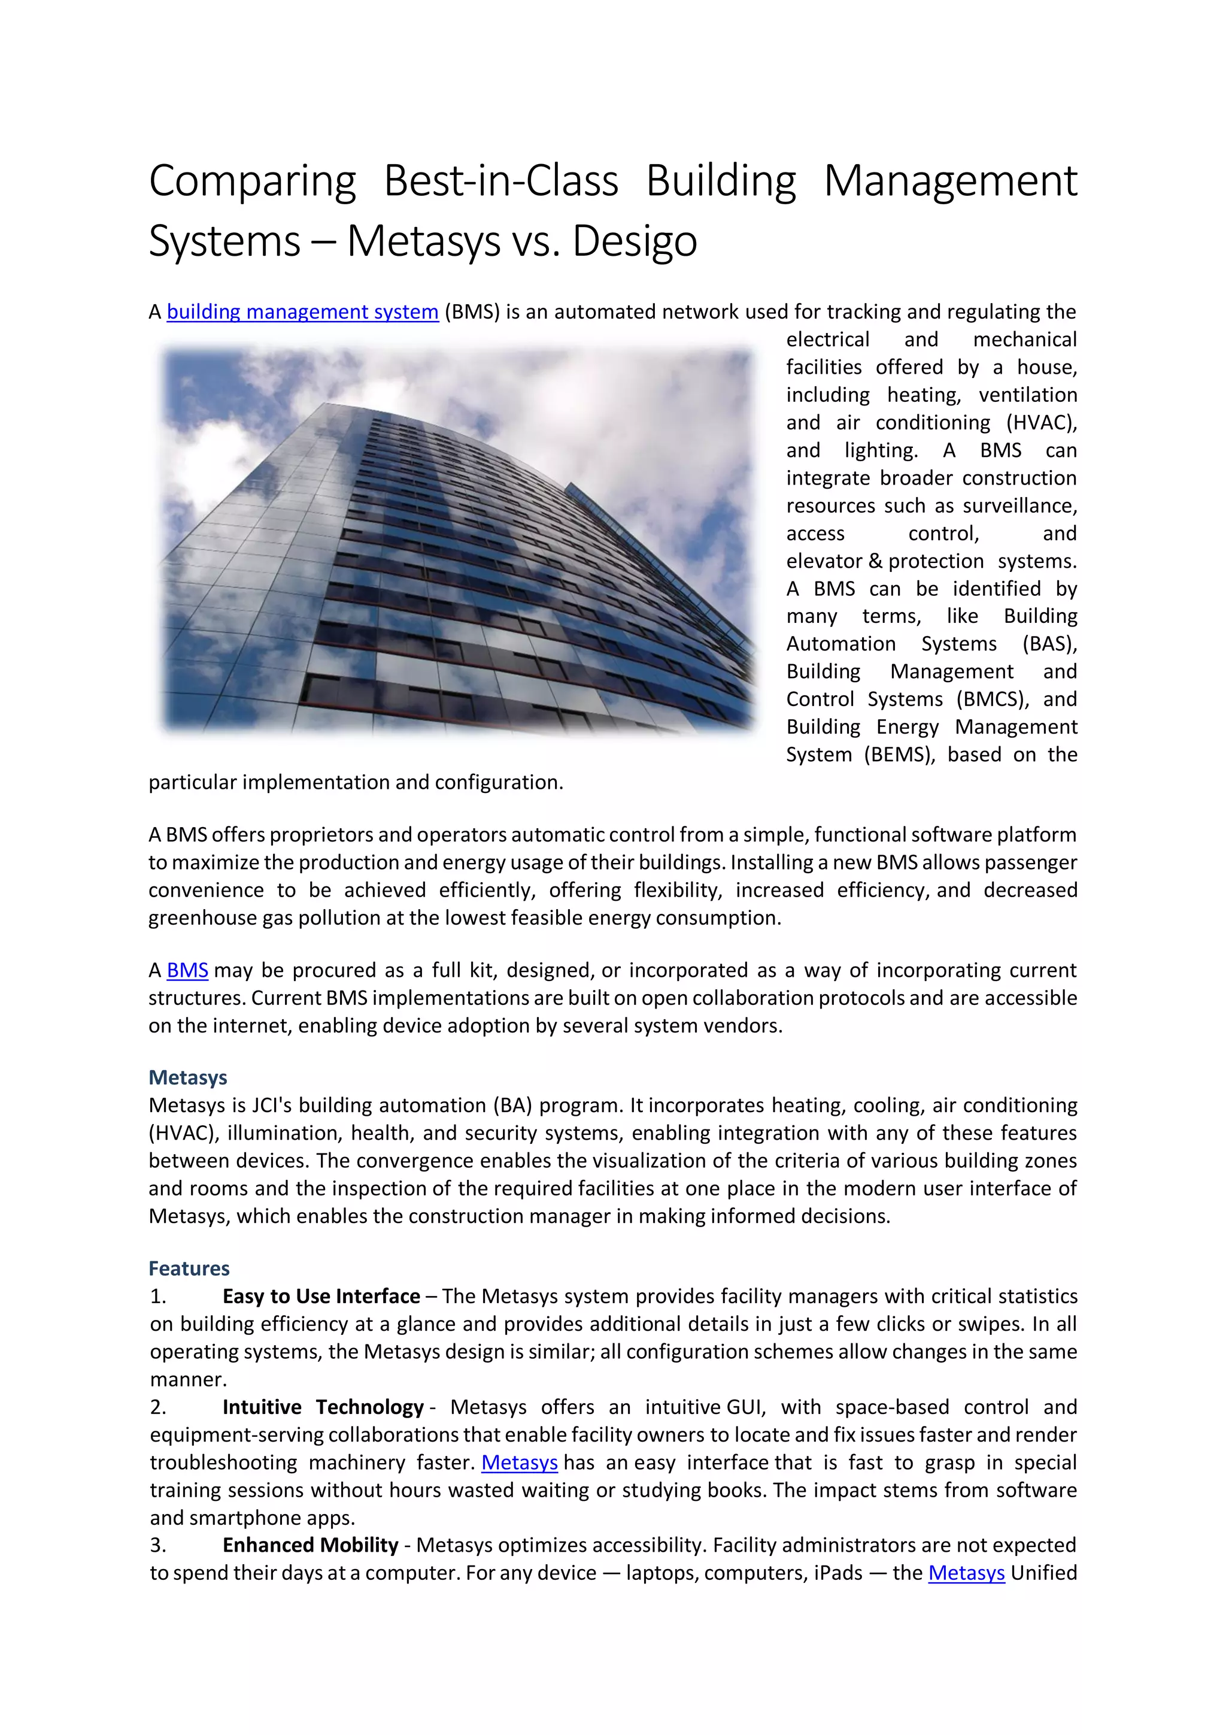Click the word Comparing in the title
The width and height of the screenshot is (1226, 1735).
(x=252, y=182)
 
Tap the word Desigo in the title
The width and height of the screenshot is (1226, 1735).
(x=634, y=242)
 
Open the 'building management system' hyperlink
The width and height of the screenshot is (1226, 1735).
(x=302, y=312)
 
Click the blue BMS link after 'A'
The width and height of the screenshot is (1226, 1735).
(x=187, y=970)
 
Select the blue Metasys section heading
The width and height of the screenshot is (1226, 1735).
(x=187, y=1077)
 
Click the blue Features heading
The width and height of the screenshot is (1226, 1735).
(x=189, y=1268)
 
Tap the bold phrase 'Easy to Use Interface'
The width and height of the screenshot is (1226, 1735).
(x=321, y=1297)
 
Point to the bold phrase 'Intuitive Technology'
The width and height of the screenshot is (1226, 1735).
(x=323, y=1407)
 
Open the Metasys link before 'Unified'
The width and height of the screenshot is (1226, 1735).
(x=966, y=1573)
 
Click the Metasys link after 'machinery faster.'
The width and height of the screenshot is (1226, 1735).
(x=519, y=1463)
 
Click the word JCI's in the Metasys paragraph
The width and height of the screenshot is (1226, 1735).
(x=272, y=1106)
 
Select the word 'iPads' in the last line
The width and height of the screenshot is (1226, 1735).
(x=837, y=1573)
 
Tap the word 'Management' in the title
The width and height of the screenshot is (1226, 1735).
(x=949, y=182)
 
